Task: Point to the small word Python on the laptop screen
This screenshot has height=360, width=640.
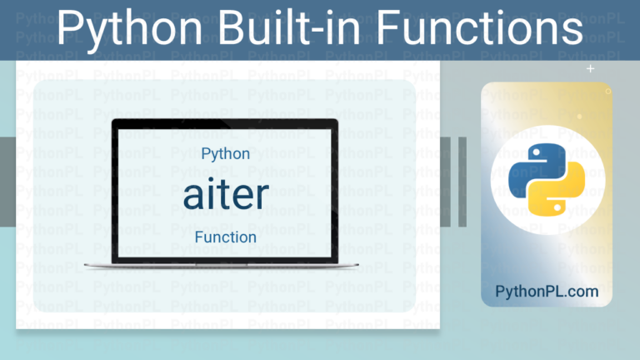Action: tap(226, 154)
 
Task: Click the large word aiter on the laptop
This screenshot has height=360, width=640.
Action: tap(226, 194)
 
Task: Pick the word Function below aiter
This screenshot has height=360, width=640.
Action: tap(226, 237)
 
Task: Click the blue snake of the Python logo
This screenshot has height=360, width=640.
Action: tap(533, 167)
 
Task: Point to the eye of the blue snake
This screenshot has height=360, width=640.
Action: tap(534, 153)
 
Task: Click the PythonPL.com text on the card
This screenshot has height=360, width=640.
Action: tap(547, 292)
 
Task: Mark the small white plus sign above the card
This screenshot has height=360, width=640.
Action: tap(591, 69)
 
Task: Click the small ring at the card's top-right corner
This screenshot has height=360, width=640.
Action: tap(608, 91)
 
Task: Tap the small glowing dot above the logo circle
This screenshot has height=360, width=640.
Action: tap(579, 117)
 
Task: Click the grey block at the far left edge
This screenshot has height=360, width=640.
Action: tap(7, 180)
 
